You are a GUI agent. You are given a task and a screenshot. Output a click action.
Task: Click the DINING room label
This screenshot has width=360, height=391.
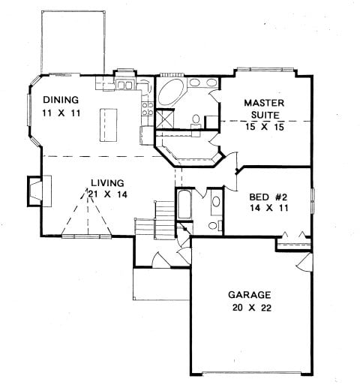(x=61, y=100)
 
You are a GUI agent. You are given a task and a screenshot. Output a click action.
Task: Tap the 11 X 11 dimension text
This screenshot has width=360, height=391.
(x=61, y=113)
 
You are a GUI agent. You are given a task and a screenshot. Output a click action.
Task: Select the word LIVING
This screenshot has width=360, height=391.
(x=107, y=183)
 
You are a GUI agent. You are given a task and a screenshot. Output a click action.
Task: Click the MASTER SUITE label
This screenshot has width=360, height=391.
(x=265, y=109)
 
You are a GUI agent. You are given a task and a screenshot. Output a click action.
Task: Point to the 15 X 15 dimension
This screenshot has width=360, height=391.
(x=265, y=127)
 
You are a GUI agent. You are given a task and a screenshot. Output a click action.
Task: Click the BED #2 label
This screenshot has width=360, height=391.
(x=268, y=197)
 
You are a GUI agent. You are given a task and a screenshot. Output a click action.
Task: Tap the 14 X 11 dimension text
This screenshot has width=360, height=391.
(x=269, y=208)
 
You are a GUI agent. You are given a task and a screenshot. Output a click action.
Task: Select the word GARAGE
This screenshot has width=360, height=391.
(x=249, y=295)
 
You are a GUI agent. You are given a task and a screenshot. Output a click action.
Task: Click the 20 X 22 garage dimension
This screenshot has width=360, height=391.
(x=252, y=308)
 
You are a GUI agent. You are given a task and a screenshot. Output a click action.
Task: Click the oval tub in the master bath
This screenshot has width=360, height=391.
(x=172, y=92)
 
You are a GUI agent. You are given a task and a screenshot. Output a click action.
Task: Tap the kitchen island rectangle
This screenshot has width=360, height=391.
(x=109, y=125)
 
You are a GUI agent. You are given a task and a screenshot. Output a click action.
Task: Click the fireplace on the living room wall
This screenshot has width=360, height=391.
(x=39, y=191)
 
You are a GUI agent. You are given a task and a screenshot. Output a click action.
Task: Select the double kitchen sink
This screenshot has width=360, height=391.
(x=124, y=85)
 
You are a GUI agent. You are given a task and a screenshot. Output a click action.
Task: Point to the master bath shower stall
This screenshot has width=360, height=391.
(x=164, y=119)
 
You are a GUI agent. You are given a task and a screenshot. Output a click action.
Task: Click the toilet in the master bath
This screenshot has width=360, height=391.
(x=196, y=121)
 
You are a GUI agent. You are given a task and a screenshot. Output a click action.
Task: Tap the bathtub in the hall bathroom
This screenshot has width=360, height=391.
(x=184, y=204)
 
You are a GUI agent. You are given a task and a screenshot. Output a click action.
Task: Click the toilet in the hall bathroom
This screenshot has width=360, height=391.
(x=214, y=225)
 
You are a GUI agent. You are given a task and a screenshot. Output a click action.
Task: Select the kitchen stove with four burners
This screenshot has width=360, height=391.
(x=148, y=109)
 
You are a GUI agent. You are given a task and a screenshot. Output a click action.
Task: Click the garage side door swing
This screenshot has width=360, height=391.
(x=304, y=262)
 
